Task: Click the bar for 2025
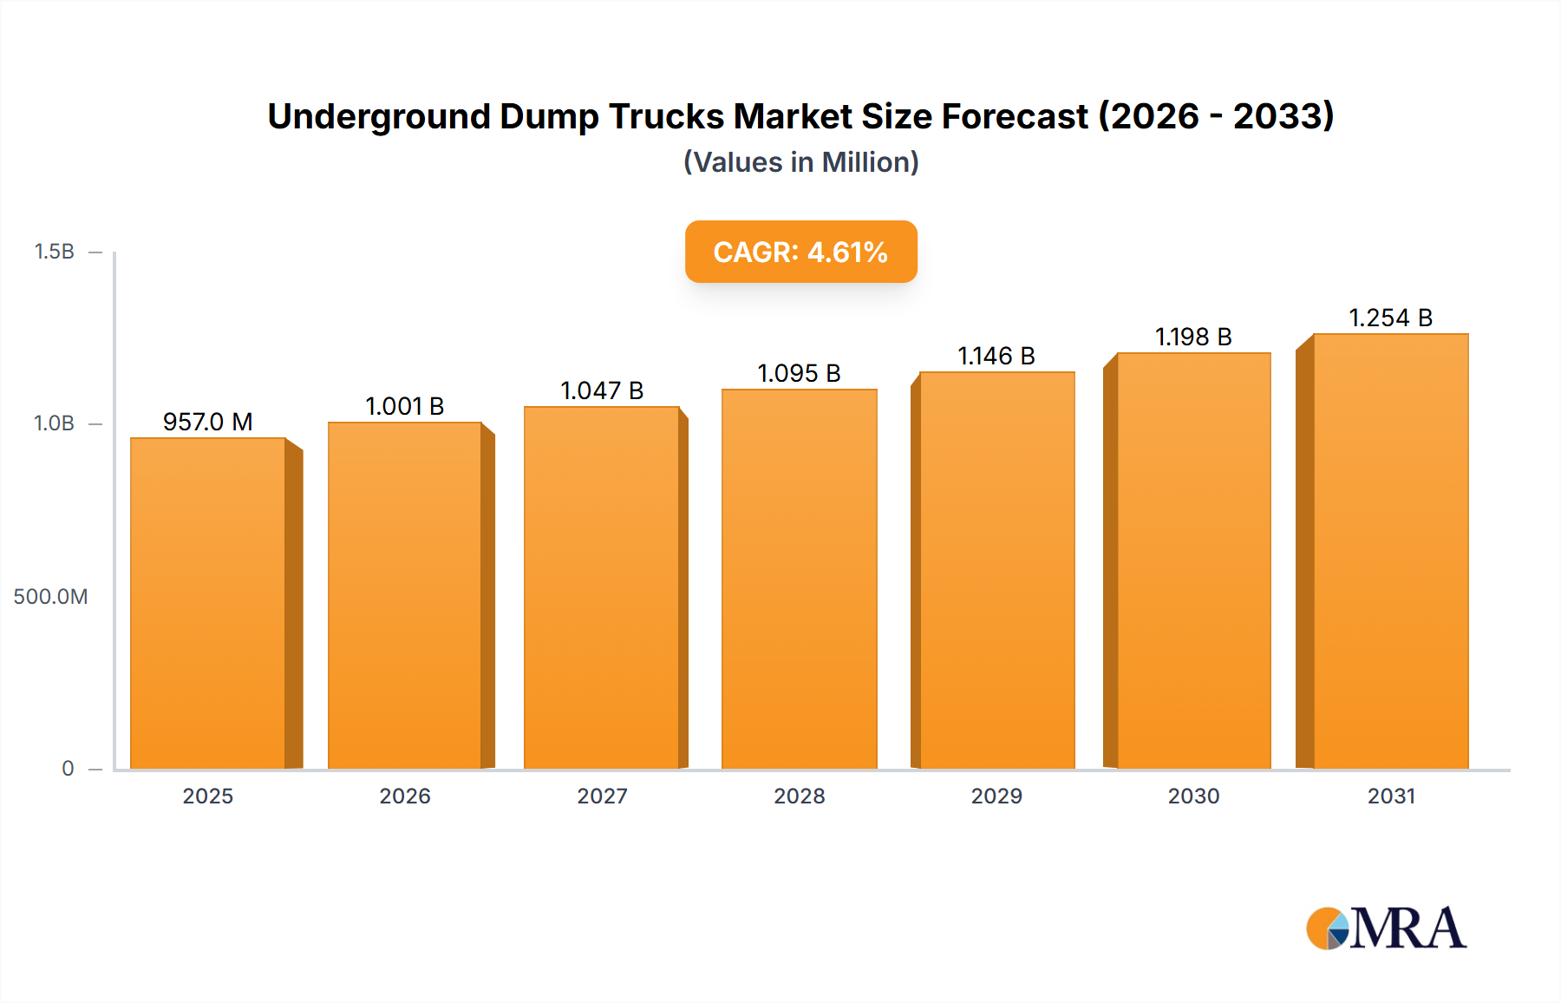tap(208, 603)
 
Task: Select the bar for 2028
tap(799, 579)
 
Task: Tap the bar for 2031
tap(1390, 551)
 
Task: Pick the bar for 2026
tap(404, 595)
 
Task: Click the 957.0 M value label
tap(208, 422)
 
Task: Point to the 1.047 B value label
tap(602, 390)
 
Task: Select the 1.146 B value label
tap(996, 356)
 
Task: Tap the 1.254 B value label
tap(1390, 318)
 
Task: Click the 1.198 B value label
tap(1193, 337)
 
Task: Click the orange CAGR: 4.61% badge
tap(800, 252)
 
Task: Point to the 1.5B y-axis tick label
tap(54, 252)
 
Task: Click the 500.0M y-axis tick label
tap(50, 597)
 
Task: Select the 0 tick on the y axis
tap(68, 769)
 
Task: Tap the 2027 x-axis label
tap(602, 796)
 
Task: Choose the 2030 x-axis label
tap(1193, 796)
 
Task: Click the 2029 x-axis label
tap(996, 796)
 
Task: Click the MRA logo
tap(1386, 928)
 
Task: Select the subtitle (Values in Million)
tap(800, 162)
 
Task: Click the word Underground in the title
tap(379, 116)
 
